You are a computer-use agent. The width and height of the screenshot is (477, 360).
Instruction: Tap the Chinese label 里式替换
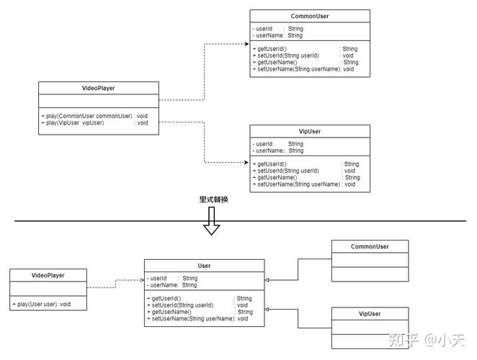point(213,199)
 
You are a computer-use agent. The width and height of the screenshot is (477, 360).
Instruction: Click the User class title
point(204,266)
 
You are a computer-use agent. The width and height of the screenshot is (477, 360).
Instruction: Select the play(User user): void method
point(42,304)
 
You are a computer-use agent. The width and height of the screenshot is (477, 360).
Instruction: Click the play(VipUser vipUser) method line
point(95,123)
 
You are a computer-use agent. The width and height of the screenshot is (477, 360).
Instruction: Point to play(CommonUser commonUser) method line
point(94,116)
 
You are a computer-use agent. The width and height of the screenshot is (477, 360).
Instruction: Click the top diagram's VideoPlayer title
point(98,88)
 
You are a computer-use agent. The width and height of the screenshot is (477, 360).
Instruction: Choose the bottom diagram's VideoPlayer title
point(48,275)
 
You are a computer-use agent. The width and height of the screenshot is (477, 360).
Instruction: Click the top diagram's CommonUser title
point(310,16)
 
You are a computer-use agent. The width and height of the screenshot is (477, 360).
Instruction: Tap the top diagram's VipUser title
point(310,131)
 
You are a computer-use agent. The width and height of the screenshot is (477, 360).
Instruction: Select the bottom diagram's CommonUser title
point(370,246)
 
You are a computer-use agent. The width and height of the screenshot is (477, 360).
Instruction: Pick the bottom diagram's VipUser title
point(370,314)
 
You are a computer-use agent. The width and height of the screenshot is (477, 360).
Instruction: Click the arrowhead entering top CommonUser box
point(247,44)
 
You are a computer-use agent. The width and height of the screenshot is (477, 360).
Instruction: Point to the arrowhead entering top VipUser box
point(246,163)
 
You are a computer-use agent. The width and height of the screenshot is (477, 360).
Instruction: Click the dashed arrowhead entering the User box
point(142,280)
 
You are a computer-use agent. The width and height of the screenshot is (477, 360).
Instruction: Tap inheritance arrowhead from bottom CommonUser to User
point(267,280)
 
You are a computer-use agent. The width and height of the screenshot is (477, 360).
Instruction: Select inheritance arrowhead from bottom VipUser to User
point(267,309)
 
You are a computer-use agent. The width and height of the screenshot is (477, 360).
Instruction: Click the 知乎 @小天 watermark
point(427,340)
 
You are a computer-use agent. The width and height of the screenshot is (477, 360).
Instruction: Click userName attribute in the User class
point(172,285)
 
